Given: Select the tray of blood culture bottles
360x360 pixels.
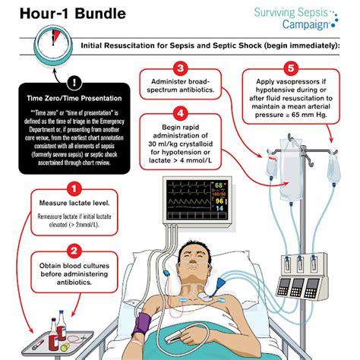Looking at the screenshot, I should click(x=57, y=334).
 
